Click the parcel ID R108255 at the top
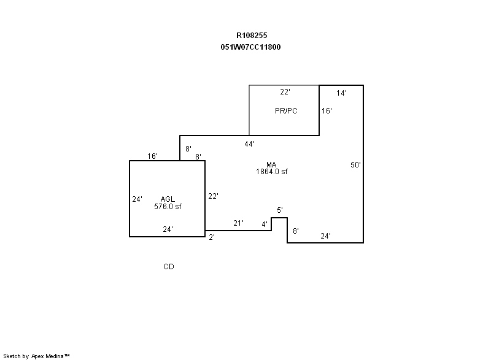pyautogui.click(x=252, y=36)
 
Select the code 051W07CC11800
pyautogui.click(x=250, y=47)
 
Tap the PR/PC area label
pyautogui.click(x=286, y=111)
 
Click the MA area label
pyautogui.click(x=271, y=164)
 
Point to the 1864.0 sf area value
pyautogui.click(x=271, y=171)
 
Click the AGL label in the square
pyautogui.click(x=168, y=199)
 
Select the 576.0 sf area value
pyautogui.click(x=168, y=207)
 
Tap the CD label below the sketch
pyautogui.click(x=168, y=267)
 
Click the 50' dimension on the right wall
pyautogui.click(x=355, y=165)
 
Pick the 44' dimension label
pyautogui.click(x=249, y=144)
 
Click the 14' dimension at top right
pyautogui.click(x=341, y=93)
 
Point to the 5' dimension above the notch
pyautogui.click(x=280, y=210)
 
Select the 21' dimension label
pyautogui.click(x=238, y=223)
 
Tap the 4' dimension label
pyautogui.click(x=265, y=224)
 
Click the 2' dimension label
pyautogui.click(x=212, y=237)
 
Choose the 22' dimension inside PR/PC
pyautogui.click(x=285, y=92)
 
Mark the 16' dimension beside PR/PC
pyautogui.click(x=327, y=111)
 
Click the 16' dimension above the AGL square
pyautogui.click(x=152, y=156)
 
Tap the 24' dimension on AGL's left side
pyautogui.click(x=137, y=199)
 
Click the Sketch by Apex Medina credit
pyautogui.click(x=36, y=356)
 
